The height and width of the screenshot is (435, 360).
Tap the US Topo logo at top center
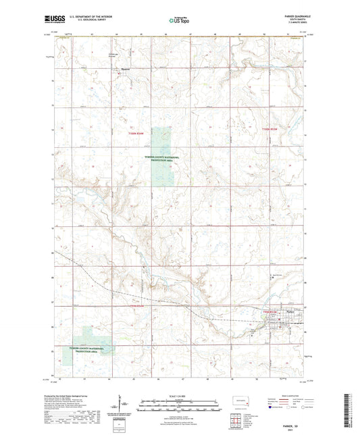coord(178,21)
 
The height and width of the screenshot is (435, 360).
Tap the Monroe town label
coord(125,68)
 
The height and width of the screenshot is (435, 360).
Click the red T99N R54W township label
coord(138,307)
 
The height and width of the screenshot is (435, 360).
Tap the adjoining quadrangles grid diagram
coord(236,420)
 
